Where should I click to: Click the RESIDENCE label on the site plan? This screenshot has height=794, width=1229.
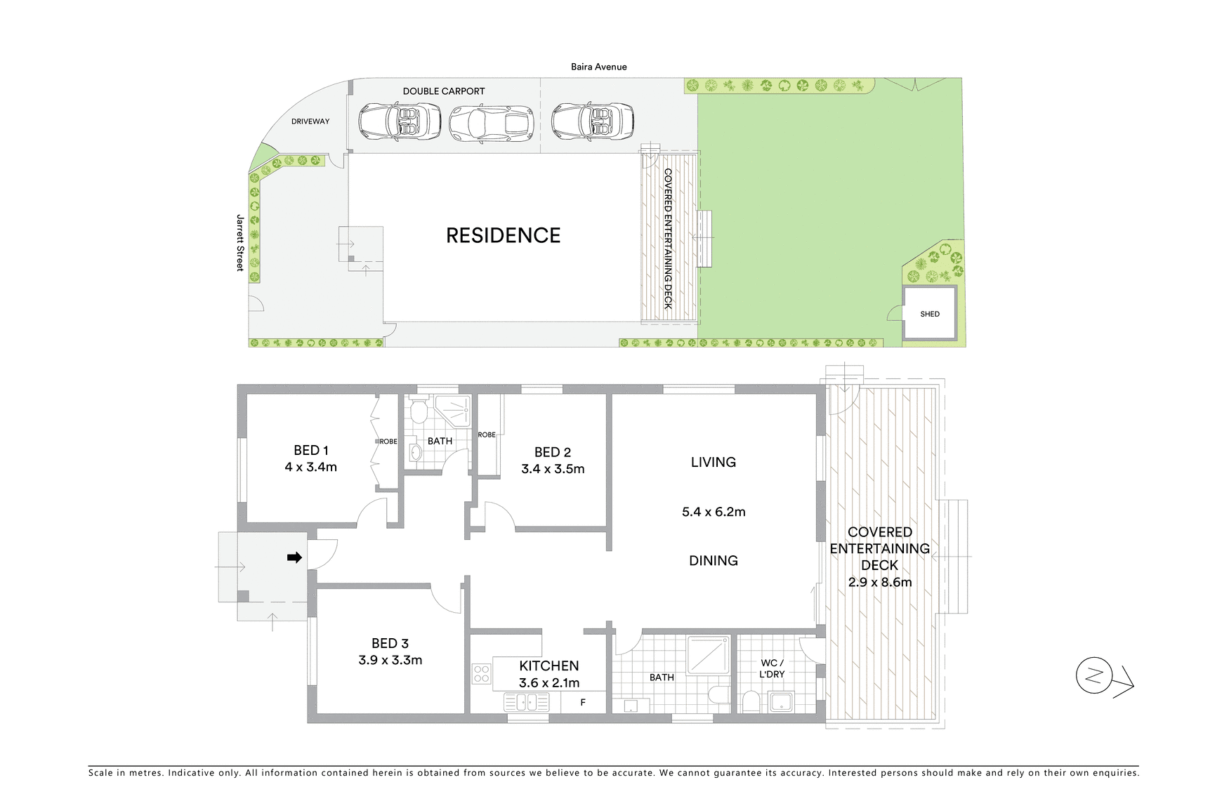tap(503, 235)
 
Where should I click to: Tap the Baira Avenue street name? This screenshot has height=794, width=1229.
tap(598, 67)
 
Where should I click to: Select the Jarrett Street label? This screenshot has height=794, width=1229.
tap(240, 242)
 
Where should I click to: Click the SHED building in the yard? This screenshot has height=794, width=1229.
tap(929, 314)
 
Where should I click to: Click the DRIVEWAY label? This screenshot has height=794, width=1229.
tap(310, 121)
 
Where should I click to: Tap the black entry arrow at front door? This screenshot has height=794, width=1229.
tap(295, 557)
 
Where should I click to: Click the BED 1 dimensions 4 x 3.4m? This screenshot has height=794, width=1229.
tap(310, 467)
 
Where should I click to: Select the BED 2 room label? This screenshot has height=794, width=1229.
tap(552, 453)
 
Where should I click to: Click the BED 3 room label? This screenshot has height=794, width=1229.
tap(390, 643)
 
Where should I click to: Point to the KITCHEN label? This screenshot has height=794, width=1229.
tap(548, 666)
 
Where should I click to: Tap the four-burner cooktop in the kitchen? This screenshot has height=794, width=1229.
tap(481, 674)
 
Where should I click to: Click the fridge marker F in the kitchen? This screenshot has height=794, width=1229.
tap(583, 701)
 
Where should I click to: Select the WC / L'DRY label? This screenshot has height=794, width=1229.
tap(773, 668)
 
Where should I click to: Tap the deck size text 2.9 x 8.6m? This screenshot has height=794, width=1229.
tap(879, 582)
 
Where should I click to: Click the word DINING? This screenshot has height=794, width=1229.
tap(713, 560)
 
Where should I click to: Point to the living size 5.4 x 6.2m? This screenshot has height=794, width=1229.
tap(713, 512)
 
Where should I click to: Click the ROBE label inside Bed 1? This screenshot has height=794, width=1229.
tap(388, 442)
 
